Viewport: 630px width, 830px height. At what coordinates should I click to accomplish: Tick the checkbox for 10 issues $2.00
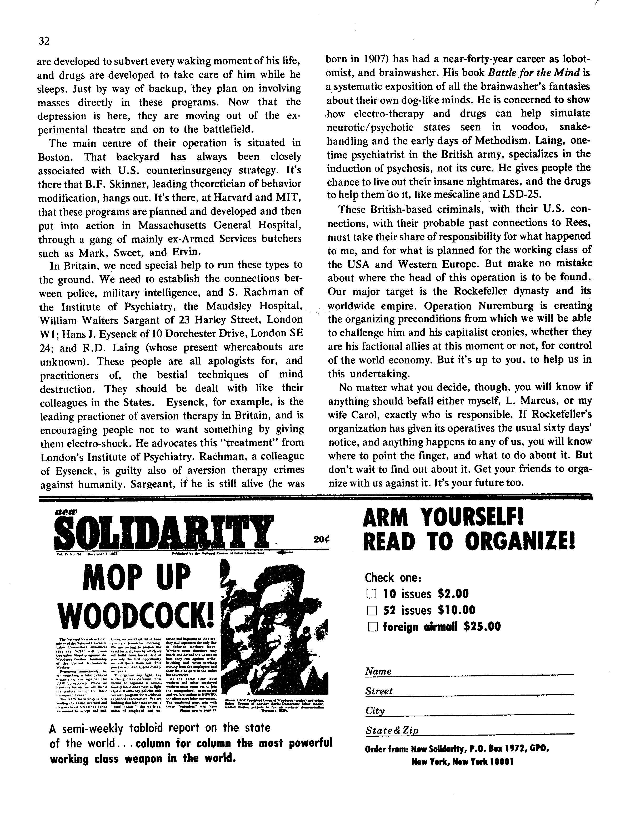(x=371, y=594)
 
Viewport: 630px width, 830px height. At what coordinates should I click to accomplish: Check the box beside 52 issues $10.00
(x=371, y=610)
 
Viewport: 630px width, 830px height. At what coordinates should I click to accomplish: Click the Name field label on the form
(x=378, y=671)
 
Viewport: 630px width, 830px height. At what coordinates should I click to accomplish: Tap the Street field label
(x=379, y=691)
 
